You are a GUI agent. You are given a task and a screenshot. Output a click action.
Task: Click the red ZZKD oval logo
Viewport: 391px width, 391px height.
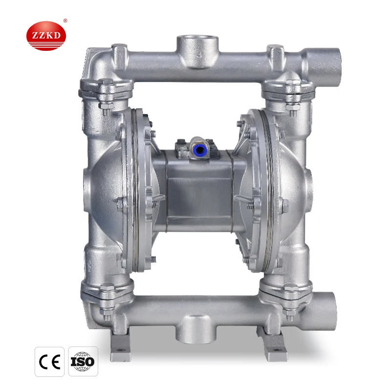tap(46, 36)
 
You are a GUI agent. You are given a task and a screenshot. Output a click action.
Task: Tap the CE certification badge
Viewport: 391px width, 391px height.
tap(50, 361)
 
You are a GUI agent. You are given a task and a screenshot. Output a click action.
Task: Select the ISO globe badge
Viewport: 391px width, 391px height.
tap(83, 361)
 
